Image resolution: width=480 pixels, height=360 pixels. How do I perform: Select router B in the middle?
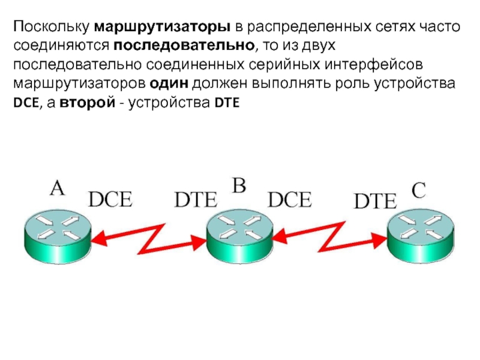[239, 231]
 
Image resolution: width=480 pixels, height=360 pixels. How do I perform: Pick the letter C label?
[418, 190]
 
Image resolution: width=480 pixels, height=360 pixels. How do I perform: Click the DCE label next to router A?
[110, 199]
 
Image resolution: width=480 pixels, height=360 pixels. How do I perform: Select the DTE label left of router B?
[194, 200]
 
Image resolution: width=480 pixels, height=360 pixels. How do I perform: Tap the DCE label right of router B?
[289, 199]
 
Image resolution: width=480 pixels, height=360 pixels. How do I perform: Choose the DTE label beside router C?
[375, 202]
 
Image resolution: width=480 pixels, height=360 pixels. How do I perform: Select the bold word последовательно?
[187, 46]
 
